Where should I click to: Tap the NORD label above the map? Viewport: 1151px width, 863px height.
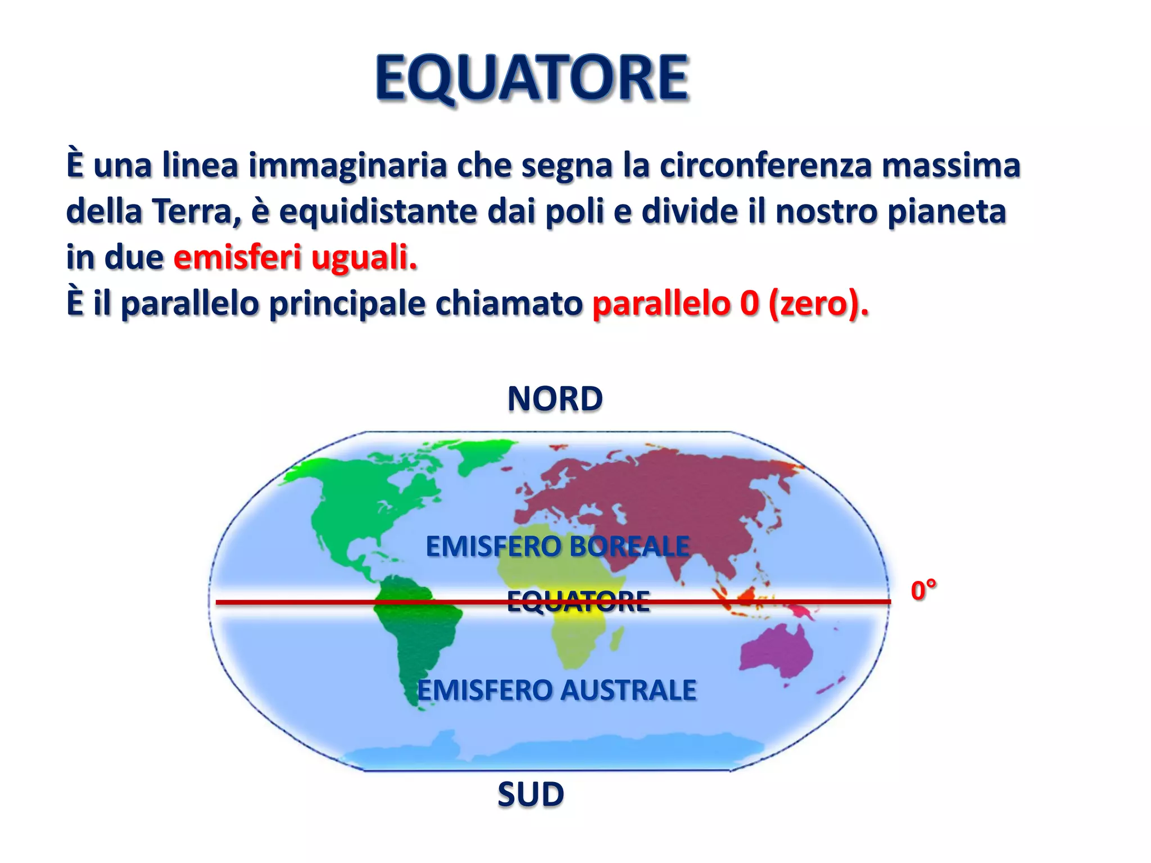[x=555, y=399]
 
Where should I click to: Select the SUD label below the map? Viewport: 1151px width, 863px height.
[x=531, y=794]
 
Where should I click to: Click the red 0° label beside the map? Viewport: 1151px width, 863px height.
[x=923, y=591]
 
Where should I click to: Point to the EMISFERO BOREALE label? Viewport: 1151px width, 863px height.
[x=558, y=546]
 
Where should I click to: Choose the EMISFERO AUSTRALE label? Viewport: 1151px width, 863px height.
[x=556, y=690]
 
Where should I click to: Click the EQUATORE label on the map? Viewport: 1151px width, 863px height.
[x=578, y=601]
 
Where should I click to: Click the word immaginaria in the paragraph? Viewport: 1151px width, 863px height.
[x=347, y=165]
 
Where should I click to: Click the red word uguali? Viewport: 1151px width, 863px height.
[x=364, y=257]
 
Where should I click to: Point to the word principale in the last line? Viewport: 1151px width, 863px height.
[x=347, y=303]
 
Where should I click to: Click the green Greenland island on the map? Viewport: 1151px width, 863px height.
[x=483, y=455]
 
